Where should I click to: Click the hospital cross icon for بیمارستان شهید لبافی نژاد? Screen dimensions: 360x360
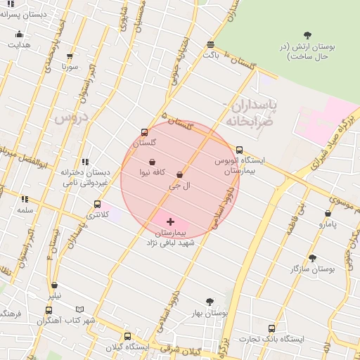tap(170, 221)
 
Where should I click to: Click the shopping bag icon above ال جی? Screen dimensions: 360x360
tap(179, 175)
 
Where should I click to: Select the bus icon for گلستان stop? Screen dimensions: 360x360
tap(144, 132)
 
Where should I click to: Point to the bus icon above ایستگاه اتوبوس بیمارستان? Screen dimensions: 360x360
tap(240, 150)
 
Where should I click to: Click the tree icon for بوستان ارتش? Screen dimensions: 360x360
tap(307, 35)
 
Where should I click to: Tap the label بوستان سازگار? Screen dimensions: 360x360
tap(313, 269)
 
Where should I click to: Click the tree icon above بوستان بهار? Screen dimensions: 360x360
tap(209, 302)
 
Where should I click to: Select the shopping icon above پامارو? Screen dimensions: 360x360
tap(328, 214)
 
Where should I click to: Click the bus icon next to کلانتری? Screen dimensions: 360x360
tap(97, 205)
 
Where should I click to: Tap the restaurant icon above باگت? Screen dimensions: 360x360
tap(211, 44)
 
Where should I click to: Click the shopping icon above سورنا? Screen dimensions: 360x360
tap(69, 57)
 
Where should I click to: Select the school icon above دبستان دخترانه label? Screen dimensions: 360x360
tap(85, 162)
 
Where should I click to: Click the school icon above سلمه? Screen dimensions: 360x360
tap(25, 200)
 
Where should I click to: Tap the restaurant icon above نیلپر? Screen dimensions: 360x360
tap(55, 285)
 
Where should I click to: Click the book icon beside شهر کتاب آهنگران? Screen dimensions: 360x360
tap(79, 309)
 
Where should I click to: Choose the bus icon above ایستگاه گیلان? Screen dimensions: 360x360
tap(127, 336)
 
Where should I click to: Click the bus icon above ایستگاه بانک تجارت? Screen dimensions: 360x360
tap(272, 328)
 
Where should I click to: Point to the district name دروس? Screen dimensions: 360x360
tap(69, 117)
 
